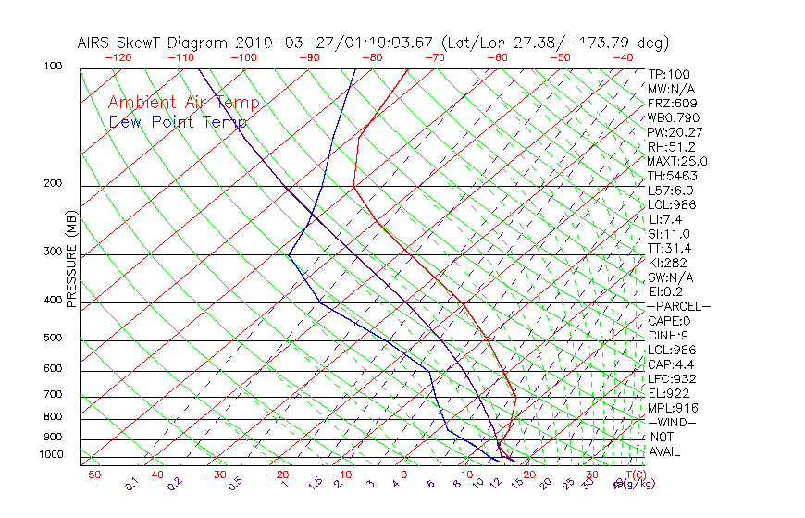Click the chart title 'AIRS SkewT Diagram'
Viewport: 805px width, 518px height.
pos(154,43)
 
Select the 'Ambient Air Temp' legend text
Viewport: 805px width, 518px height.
pos(184,103)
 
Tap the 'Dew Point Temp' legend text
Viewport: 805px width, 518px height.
pos(178,122)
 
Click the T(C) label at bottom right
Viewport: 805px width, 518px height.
pos(635,475)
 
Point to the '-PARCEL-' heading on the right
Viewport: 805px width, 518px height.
pos(678,306)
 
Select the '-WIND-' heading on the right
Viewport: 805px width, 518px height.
pos(672,422)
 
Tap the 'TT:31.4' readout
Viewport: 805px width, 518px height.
pos(670,248)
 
